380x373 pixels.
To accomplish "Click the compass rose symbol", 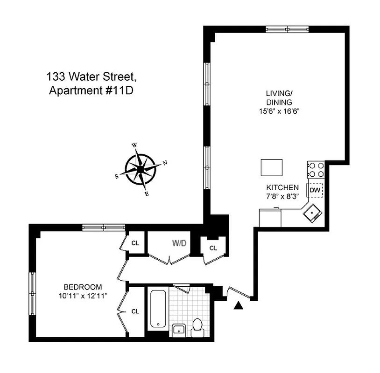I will point(140,169).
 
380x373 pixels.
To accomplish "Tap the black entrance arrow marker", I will point(239,305).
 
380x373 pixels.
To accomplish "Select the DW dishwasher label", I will point(314,190).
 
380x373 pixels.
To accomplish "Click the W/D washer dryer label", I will point(179,243).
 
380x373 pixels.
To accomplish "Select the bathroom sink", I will point(179,330).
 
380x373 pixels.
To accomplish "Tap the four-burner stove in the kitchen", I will point(316,169).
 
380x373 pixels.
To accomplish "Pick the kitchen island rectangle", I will point(272,167).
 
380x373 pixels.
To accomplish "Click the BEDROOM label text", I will point(83,287).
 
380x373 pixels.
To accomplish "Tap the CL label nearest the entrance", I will point(213,248).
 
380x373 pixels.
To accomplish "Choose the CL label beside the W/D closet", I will point(135,243).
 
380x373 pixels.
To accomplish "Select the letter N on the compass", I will point(164,163).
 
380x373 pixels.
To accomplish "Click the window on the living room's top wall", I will point(287,28).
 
